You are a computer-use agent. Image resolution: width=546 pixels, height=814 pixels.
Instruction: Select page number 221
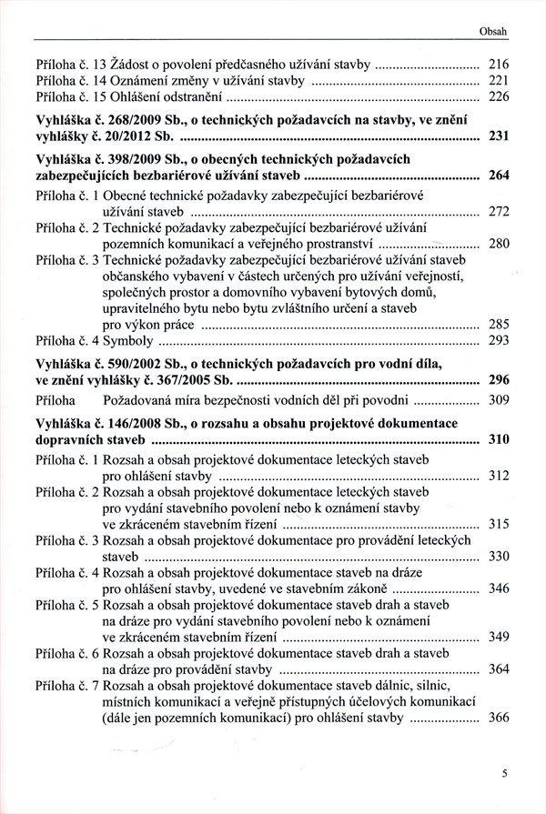498,81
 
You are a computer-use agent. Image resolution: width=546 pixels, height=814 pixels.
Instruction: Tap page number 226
498,98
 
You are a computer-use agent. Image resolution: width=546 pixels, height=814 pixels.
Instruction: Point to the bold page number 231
498,137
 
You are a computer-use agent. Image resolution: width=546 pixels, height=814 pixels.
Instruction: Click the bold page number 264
498,176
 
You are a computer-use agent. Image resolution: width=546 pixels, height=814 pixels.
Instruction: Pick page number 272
498,212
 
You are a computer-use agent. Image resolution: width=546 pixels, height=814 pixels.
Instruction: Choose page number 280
498,244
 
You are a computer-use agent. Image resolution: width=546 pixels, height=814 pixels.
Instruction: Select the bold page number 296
498,381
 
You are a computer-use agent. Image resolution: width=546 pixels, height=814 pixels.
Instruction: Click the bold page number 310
498,439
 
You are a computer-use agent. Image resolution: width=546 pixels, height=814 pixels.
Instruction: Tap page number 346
498,588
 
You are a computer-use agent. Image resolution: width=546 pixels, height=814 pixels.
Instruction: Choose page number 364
498,669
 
